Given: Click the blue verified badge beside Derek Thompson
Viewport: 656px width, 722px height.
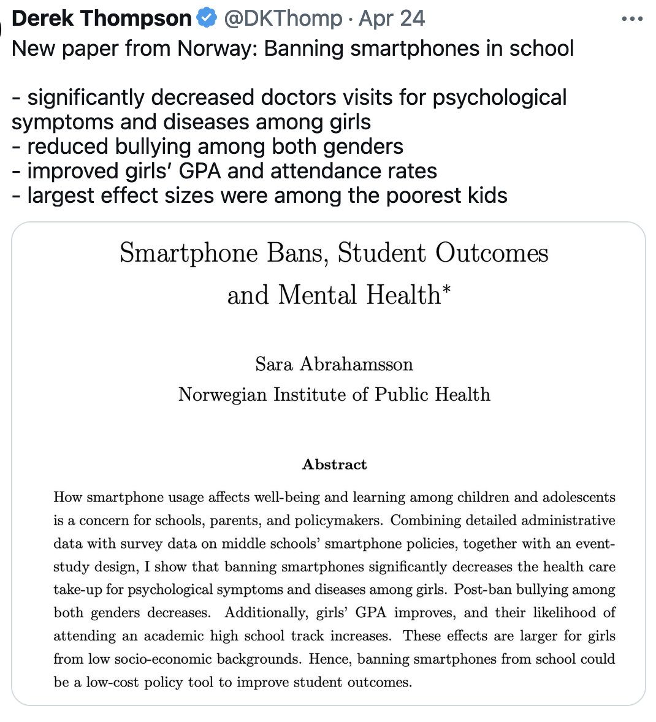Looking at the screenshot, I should [207, 18].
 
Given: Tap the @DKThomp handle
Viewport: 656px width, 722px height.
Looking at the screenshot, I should [283, 18].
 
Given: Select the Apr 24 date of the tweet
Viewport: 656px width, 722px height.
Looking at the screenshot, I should [392, 18].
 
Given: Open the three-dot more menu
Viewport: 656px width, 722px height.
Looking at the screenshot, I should [632, 19].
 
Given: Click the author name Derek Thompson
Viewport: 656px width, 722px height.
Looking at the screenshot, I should [101, 18].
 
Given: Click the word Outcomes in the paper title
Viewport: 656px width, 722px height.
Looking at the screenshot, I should [492, 253].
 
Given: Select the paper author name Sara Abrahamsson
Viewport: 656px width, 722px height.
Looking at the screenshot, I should [334, 364].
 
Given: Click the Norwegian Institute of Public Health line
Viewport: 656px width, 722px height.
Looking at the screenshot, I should [334, 394].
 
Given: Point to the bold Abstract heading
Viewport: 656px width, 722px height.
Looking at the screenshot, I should [334, 465].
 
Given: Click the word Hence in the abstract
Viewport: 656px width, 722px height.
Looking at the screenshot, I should [330, 659].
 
